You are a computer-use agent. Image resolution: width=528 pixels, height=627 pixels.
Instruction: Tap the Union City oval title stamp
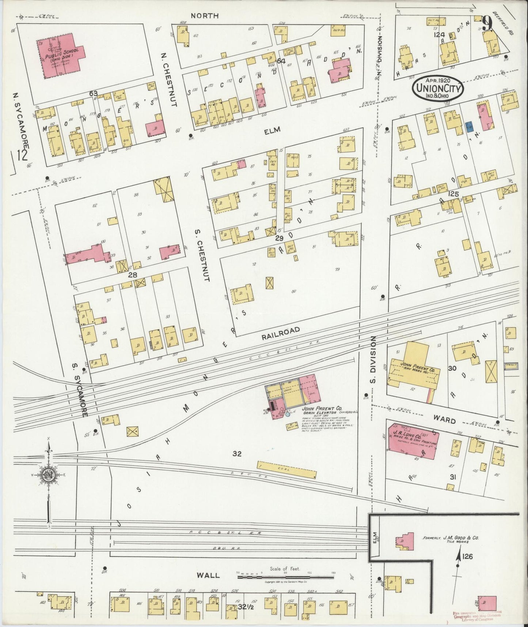(438, 88)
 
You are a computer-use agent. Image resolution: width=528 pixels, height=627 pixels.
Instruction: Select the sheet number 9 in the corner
(487, 26)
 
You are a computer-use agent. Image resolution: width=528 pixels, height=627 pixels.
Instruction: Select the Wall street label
(209, 575)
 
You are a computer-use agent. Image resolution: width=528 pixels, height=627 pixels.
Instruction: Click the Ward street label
(445, 421)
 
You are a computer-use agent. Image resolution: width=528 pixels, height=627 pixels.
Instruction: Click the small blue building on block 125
(469, 127)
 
